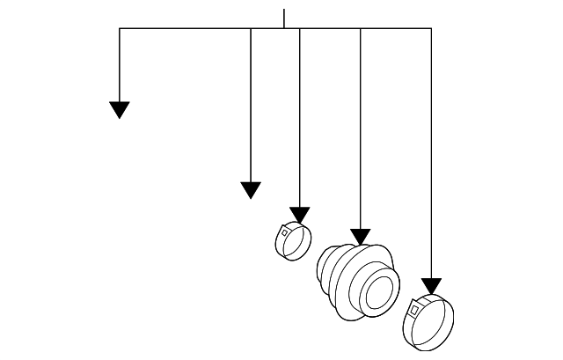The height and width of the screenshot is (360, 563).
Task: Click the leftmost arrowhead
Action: click(x=120, y=109)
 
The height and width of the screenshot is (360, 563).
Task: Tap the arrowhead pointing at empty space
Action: click(x=251, y=189)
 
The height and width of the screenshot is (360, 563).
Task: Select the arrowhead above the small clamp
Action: click(x=300, y=215)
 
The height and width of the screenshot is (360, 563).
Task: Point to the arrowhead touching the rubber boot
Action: click(x=360, y=236)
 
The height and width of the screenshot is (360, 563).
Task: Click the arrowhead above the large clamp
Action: click(x=431, y=285)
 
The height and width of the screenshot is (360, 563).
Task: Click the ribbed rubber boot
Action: click(x=355, y=279)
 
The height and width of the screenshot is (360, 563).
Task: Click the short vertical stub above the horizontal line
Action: click(x=284, y=18)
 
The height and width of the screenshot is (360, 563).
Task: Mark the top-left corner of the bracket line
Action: click(x=120, y=29)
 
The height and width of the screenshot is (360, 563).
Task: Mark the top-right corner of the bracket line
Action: click(x=431, y=29)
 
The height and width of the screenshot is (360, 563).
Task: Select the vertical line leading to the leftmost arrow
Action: click(x=120, y=66)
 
